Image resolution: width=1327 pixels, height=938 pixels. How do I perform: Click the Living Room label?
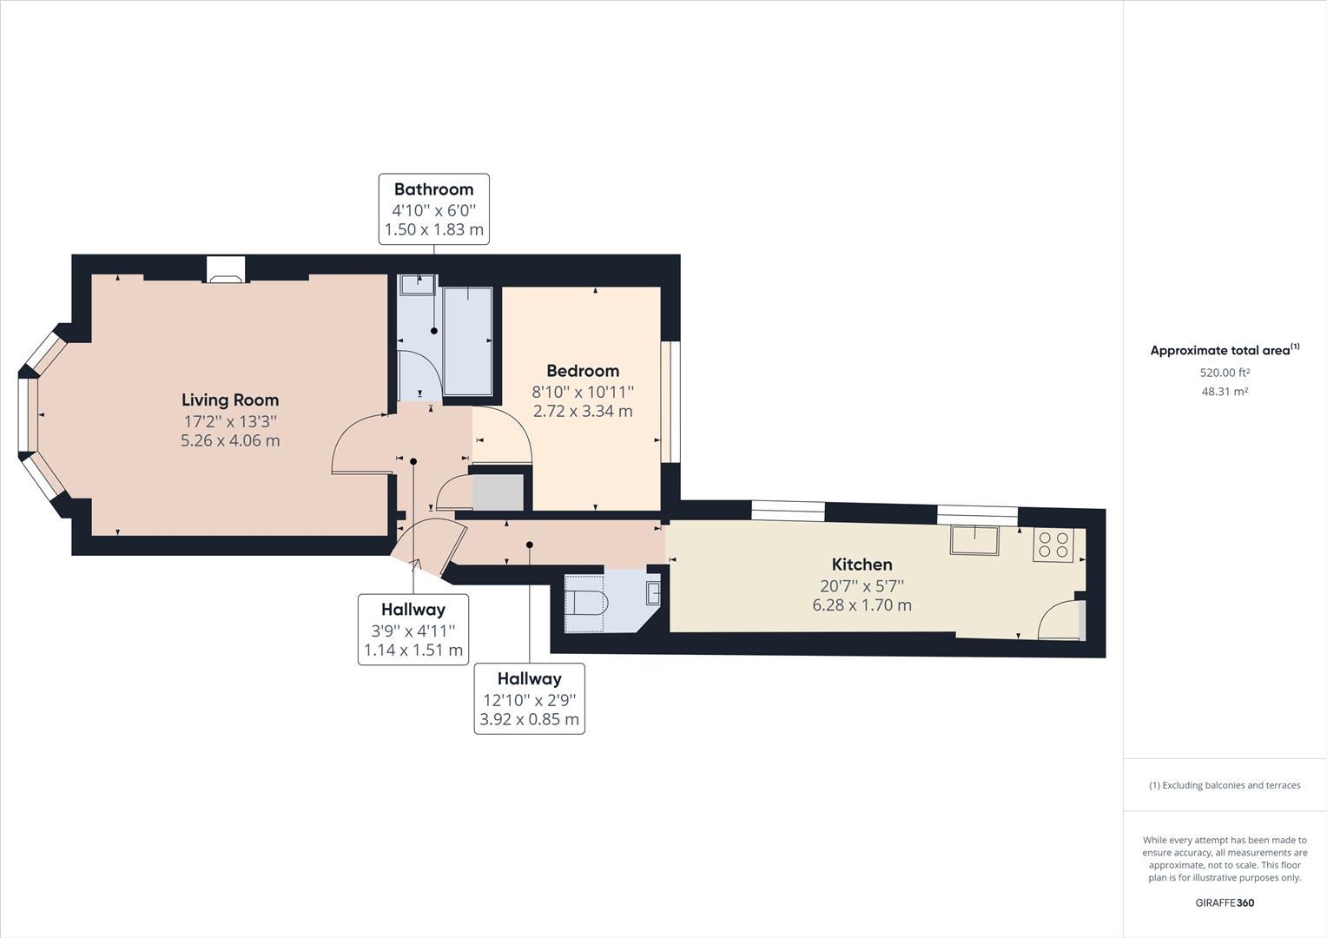point(230,400)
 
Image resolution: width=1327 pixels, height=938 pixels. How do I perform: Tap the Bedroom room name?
point(583,371)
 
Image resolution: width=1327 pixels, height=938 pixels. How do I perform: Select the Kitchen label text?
point(862,565)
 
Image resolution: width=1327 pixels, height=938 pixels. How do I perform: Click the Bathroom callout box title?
point(433,189)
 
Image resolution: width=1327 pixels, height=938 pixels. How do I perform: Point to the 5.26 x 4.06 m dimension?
point(230,440)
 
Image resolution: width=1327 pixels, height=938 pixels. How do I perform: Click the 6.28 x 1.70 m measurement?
point(862,605)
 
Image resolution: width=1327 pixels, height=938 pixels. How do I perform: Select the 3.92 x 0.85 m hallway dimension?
point(529,720)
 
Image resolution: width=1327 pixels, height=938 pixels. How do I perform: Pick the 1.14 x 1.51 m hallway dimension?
point(413,651)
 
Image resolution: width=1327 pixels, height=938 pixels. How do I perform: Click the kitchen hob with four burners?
point(1054,545)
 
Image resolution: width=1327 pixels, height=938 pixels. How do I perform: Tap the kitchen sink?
point(974,540)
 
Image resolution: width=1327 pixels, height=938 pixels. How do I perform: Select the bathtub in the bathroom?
point(467,340)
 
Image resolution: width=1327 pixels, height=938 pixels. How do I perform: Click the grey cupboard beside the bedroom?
point(498,492)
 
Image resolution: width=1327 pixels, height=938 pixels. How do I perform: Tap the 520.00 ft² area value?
point(1225,373)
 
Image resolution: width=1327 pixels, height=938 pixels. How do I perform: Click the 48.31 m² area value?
point(1225,392)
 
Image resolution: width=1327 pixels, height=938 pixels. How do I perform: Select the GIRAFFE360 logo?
point(1225,902)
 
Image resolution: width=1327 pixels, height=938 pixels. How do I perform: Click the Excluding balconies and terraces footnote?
point(1225,785)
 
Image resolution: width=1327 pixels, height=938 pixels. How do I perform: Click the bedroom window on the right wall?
point(670,401)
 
